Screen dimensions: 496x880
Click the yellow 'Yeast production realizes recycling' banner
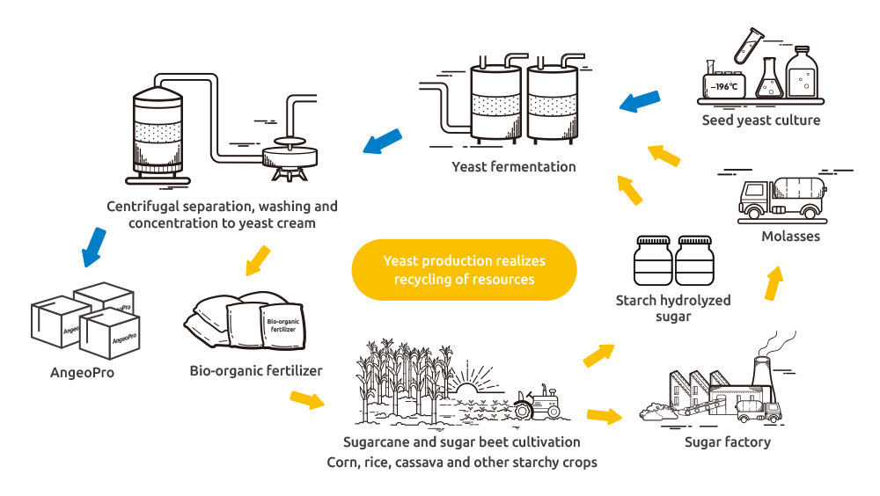464,270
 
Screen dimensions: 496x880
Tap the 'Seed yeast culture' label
760,120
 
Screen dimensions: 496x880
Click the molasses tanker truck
781,200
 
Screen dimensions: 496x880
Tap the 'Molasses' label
789,237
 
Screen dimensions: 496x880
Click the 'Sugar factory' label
727,441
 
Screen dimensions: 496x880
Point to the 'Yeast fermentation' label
514,166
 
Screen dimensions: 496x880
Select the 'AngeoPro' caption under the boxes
82,372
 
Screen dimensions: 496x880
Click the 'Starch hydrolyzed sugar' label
673,309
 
